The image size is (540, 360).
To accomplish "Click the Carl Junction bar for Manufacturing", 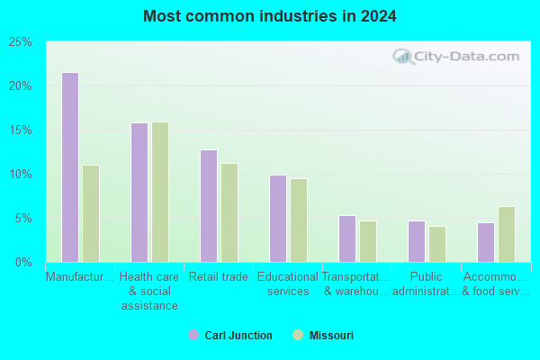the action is coord(70,167).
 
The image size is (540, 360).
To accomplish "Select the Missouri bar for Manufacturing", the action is coord(91,213).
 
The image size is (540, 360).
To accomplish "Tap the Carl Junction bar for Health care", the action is coord(139,193).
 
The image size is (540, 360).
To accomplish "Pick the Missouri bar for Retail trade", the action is coord(229,213).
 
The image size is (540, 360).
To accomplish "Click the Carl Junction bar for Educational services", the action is coord(278,219).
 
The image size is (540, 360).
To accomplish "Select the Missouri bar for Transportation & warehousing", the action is coord(368,241).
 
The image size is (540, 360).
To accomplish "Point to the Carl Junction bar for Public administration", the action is coord(417,241).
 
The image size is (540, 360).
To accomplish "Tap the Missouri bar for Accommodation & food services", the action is coord(507,234).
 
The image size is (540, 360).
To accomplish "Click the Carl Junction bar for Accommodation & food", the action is coord(486,242).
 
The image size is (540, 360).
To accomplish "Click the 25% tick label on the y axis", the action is coord(21,42).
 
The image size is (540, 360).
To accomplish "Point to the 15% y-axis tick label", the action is coord(21,130).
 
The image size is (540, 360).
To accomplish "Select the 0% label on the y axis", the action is coord(23,263).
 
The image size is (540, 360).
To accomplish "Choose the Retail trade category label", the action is coord(219,276).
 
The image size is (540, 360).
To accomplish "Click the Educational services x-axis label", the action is coord(288,283).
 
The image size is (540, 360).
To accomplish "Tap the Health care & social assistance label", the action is coord(149,291).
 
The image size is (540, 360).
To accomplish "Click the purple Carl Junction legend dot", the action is coord(193,335).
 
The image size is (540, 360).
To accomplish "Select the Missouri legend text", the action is coord(331,335).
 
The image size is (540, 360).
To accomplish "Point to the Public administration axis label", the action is coord(427,283).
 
